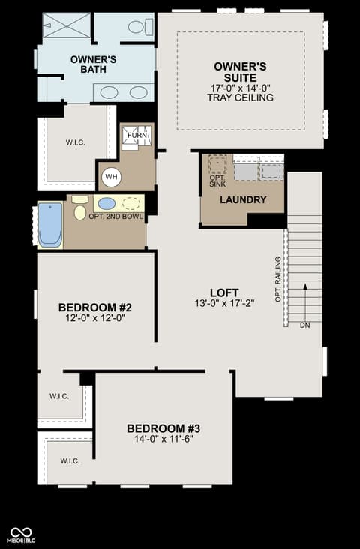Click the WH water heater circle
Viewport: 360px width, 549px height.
[111, 177]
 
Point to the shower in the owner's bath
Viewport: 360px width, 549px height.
[67, 26]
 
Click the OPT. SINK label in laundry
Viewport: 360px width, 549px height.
[217, 181]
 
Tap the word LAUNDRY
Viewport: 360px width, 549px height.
[243, 200]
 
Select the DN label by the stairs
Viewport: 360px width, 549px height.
[305, 325]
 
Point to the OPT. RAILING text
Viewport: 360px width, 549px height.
[278, 279]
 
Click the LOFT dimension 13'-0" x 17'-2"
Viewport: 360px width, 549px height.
[224, 303]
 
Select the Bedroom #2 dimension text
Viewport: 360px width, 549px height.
[95, 317]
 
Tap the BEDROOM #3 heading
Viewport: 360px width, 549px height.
[163, 428]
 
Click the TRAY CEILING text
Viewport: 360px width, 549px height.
[240, 97]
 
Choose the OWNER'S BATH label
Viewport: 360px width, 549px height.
[94, 64]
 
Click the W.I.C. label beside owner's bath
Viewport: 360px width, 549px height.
[75, 142]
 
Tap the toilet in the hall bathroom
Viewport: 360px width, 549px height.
[79, 209]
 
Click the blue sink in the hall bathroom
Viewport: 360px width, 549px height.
[106, 203]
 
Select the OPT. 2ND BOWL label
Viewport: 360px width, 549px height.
[116, 217]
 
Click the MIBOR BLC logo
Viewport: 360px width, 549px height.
[21, 535]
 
